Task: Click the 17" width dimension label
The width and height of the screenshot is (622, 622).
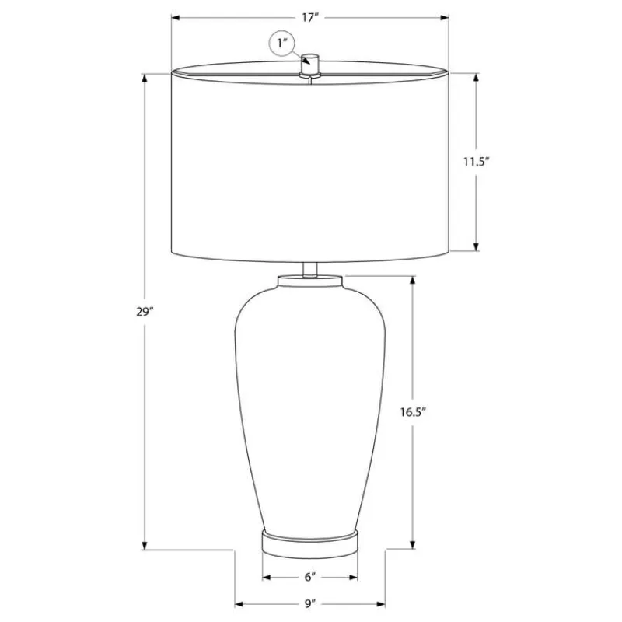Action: [309, 17]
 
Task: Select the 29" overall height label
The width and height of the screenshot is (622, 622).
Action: [145, 312]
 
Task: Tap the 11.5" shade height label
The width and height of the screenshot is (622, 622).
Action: [477, 162]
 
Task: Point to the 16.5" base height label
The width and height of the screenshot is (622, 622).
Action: [413, 412]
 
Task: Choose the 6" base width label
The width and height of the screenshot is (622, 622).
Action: [310, 577]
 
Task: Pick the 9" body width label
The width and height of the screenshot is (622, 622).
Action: [310, 604]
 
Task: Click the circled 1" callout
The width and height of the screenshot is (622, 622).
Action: [282, 43]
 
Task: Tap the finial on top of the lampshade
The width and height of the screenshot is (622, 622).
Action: [309, 65]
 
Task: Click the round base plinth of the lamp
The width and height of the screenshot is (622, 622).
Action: [309, 543]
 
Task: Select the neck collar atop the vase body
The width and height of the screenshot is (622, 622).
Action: [309, 281]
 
